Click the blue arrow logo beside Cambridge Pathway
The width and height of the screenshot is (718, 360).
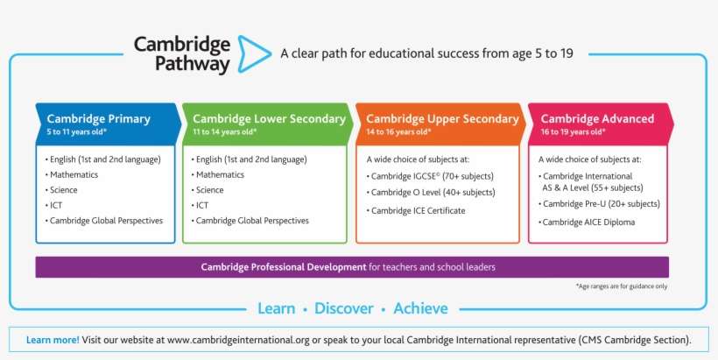253,53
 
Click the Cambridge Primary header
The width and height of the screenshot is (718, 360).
98,118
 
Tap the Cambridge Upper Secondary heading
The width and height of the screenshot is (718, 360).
442,118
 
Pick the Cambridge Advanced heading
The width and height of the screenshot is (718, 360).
597,118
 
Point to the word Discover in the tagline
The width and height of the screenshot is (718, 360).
344,308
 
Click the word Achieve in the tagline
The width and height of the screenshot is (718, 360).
420,308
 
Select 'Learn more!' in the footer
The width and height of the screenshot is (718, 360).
53,339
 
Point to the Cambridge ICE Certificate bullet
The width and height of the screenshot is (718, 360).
418,210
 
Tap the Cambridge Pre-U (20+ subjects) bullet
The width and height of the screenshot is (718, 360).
602,204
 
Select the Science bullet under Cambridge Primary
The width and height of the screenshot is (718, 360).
63,190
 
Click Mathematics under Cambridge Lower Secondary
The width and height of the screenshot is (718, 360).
220,175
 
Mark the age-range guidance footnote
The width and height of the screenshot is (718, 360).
622,286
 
